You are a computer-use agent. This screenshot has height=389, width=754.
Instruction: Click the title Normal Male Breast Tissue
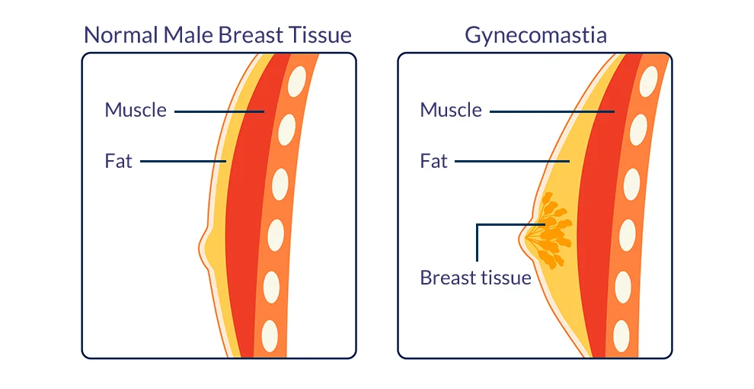[218, 35]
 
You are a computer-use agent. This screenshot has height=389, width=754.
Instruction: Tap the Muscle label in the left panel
[136, 110]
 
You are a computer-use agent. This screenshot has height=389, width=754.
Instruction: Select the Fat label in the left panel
[118, 161]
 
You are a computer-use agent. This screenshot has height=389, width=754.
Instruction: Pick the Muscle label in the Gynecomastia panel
[451, 110]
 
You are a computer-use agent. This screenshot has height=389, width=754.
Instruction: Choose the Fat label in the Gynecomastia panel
[434, 161]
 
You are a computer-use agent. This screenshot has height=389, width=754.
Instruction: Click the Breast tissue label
[475, 278]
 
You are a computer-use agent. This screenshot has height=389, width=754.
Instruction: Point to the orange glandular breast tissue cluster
[550, 230]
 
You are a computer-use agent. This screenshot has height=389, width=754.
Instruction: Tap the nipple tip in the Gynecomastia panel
[519, 237]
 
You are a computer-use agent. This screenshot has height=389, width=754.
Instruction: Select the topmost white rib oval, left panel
[297, 82]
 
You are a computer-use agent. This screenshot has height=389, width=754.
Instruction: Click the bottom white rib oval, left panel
[270, 336]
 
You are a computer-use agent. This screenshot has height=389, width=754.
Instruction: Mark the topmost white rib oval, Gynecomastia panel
[648, 82]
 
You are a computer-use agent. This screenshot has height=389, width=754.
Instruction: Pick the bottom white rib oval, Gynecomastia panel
[621, 336]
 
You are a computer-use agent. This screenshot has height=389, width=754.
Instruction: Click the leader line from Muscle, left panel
[219, 111]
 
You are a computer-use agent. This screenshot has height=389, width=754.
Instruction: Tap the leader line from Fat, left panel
[184, 161]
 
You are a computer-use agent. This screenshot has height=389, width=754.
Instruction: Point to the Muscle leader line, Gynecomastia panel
[552, 111]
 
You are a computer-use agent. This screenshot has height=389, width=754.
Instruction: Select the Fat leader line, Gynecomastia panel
[512, 161]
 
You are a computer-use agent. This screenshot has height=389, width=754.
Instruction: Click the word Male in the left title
[189, 35]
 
